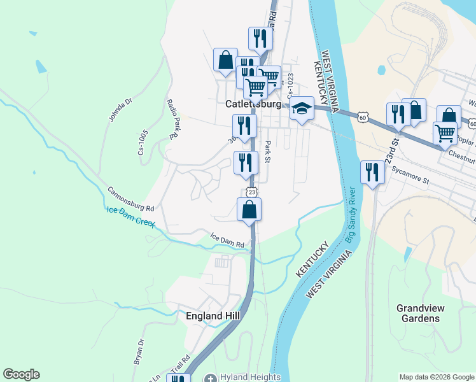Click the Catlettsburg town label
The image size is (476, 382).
(253, 103)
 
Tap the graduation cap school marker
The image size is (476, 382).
(302, 108)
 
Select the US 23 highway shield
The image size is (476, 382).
(252, 192)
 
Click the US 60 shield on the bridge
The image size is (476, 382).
(362, 117)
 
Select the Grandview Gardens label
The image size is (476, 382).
(421, 313)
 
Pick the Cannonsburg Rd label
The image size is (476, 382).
(130, 199)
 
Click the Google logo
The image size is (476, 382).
(21, 374)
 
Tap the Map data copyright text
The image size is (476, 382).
(437, 376)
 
